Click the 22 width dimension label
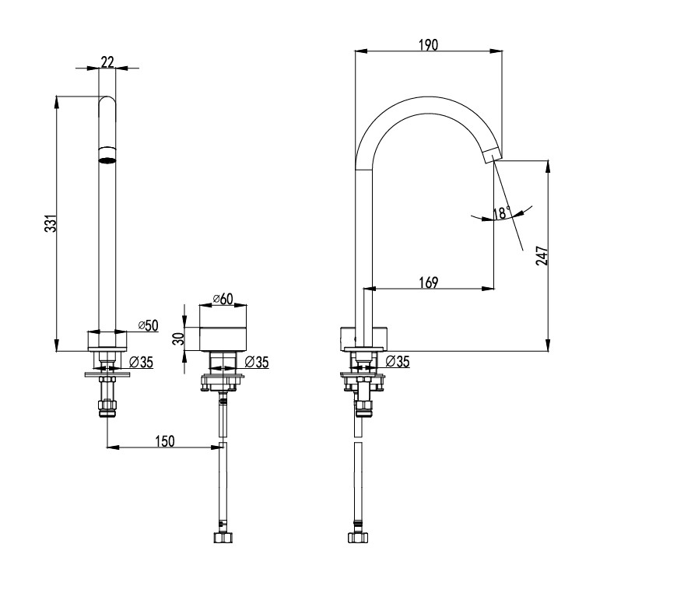coord(107,60)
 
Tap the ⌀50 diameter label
coord(147,325)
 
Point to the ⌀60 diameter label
coord(223,299)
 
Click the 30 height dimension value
coord(178,339)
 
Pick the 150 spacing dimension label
coord(164,440)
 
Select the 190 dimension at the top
coord(427,45)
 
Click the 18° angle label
coord(501,212)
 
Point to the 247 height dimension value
coord(542,256)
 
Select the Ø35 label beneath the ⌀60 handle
coord(256,361)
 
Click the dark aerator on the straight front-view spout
coord(107,160)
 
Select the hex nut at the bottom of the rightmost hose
coord(357,537)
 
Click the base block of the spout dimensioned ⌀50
coord(106,341)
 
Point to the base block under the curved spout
coord(364,340)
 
